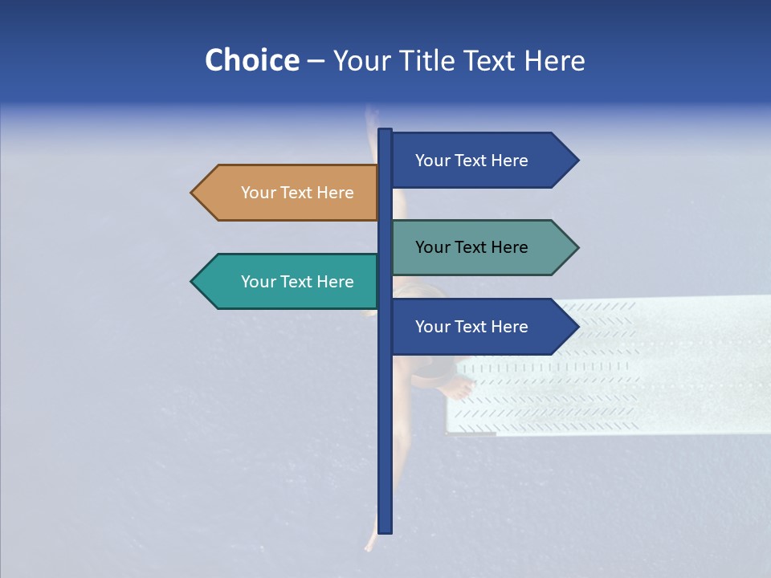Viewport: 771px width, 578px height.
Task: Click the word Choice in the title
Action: click(x=251, y=60)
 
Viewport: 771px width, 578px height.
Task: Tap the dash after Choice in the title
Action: click(x=316, y=61)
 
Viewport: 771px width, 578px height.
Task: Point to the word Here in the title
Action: click(x=554, y=60)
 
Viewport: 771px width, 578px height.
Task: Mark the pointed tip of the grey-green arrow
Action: click(x=577, y=247)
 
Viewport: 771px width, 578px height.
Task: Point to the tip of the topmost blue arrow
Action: click(x=577, y=161)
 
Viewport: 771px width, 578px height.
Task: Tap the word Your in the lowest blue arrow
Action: click(x=432, y=327)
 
